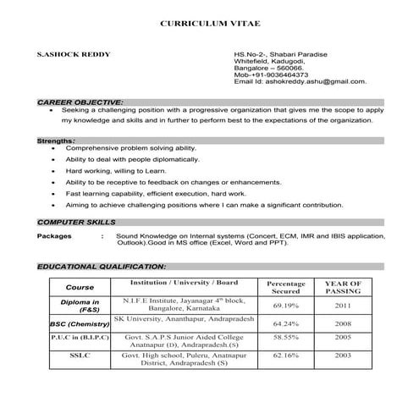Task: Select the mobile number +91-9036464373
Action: click(273, 75)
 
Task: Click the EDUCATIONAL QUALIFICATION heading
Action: click(101, 267)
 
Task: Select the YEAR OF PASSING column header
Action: click(343, 288)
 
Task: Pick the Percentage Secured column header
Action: click(285, 288)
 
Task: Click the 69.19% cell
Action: click(285, 306)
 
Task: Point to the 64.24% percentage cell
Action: click(285, 323)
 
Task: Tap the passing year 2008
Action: click(343, 323)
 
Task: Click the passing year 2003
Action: click(343, 356)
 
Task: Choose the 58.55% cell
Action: click(285, 337)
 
